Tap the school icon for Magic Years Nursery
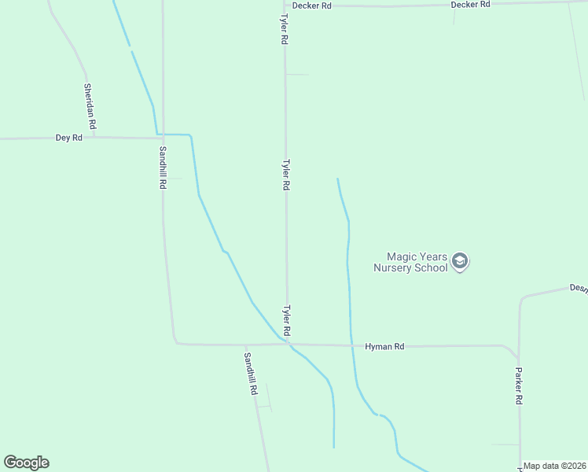click(461, 261)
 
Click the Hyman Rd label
click(384, 346)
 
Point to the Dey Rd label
click(68, 138)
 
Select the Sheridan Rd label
click(91, 106)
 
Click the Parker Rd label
click(519, 385)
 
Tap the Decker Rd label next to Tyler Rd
click(311, 6)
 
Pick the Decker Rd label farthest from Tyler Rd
click(470, 5)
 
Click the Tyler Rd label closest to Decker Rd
click(285, 28)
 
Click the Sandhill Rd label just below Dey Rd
click(163, 167)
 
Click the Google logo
click(26, 463)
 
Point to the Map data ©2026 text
click(555, 466)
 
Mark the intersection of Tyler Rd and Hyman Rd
click(288, 345)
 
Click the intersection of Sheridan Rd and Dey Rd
click(95, 137)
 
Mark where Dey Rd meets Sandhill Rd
click(163, 138)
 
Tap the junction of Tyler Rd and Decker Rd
click(285, 6)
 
